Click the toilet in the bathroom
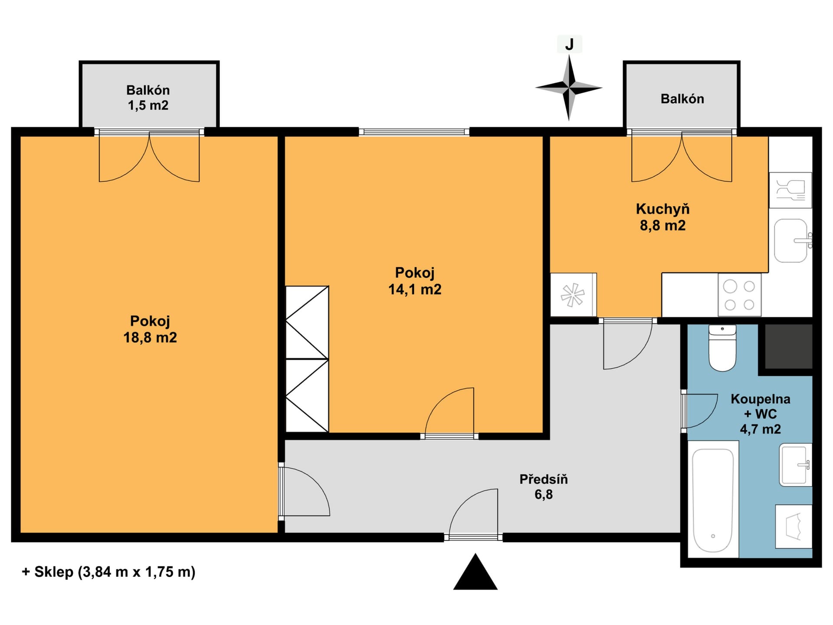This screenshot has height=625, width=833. coord(722,348)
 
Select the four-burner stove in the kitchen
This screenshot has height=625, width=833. coord(740,295)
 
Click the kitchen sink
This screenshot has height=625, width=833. coord(792,240)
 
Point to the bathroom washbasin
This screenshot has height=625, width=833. coord(795,464)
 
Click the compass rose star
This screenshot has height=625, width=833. coord(569,88)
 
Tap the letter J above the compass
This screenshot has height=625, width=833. coord(569,44)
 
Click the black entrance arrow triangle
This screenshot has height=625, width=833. coord(476,572)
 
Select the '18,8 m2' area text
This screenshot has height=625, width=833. coord(150,338)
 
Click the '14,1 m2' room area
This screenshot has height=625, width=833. coord(415,289)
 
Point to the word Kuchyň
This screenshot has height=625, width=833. coord(662,209)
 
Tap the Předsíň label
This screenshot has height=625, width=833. coord(544,479)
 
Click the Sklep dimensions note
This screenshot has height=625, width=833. coord(108,572)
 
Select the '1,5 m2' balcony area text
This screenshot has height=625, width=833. coord(148,105)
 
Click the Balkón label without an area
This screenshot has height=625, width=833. coord(682,99)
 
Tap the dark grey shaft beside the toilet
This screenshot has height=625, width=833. coord(788,347)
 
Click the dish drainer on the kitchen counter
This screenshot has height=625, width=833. coord(790,190)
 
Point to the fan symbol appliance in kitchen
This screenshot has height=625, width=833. coord(573,295)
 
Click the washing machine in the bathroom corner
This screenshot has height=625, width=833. coord(794,527)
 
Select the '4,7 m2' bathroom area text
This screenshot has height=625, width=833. coord(760,429)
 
